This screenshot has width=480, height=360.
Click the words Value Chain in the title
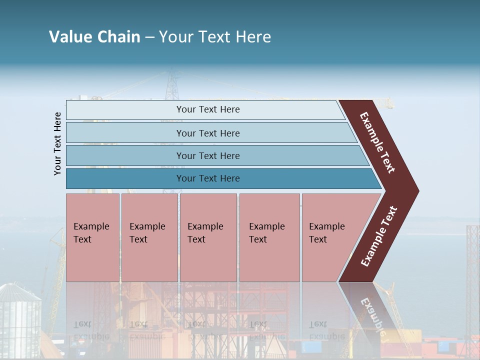(x=94, y=37)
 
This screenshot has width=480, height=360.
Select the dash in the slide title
(x=149, y=37)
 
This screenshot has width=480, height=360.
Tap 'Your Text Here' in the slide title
(x=215, y=37)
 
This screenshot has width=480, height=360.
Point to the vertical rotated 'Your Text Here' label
(x=58, y=144)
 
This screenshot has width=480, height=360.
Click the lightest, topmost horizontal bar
(x=207, y=109)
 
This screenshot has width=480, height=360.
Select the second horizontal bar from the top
(x=207, y=133)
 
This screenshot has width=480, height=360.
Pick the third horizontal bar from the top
(x=207, y=155)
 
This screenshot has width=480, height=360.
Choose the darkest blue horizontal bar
(x=207, y=178)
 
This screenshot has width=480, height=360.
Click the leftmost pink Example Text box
(x=92, y=237)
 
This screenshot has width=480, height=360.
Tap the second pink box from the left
(x=149, y=237)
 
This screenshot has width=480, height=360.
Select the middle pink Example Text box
(x=208, y=237)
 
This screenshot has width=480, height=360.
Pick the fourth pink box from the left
(x=269, y=237)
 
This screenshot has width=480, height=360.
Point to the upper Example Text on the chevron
(x=377, y=142)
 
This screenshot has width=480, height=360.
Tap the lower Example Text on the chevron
(x=379, y=236)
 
